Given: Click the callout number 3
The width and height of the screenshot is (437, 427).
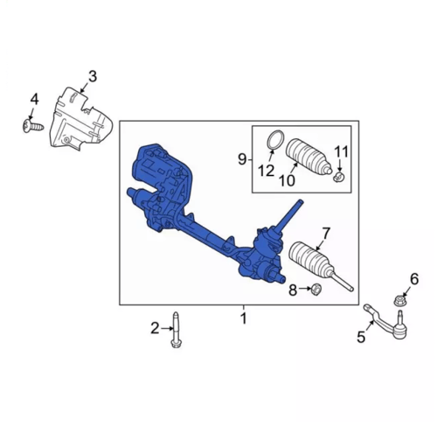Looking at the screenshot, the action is pyautogui.click(x=93, y=77).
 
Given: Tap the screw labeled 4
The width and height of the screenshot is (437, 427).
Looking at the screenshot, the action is pyautogui.click(x=32, y=126).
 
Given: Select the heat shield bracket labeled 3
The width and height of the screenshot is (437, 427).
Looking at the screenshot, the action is pyautogui.click(x=81, y=118).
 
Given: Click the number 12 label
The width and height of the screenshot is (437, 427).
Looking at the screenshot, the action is pyautogui.click(x=267, y=171).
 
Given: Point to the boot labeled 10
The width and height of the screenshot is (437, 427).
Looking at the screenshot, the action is pyautogui.click(x=309, y=157).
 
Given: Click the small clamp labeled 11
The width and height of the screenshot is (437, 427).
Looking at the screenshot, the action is pyautogui.click(x=339, y=176).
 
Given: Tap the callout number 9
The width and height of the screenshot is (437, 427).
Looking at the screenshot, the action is pyautogui.click(x=242, y=159).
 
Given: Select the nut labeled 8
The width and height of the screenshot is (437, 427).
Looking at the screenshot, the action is pyautogui.click(x=316, y=290).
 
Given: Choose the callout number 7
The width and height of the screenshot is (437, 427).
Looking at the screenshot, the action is pyautogui.click(x=325, y=234).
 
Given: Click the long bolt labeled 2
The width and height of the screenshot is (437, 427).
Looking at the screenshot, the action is pyautogui.click(x=176, y=330).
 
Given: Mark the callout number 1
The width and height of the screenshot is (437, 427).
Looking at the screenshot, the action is pyautogui.click(x=244, y=318).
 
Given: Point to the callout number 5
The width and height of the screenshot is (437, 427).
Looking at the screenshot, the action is pyautogui.click(x=361, y=337).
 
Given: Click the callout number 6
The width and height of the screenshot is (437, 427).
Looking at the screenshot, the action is pyautogui.click(x=414, y=279).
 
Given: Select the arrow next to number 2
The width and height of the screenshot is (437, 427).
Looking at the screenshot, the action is pyautogui.click(x=167, y=328).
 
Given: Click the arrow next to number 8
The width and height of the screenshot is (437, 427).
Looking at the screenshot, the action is pyautogui.click(x=305, y=289).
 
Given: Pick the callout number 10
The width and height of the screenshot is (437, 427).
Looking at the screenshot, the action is pyautogui.click(x=287, y=180).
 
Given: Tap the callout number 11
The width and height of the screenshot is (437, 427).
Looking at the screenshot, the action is pyautogui.click(x=341, y=152).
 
